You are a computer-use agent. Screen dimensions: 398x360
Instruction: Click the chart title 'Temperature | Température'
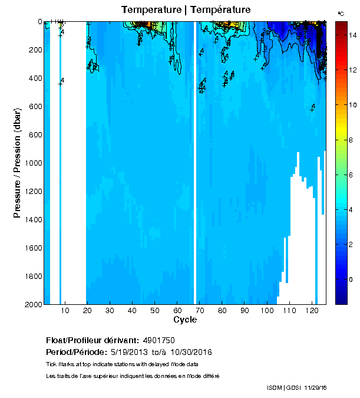click(x=186, y=10)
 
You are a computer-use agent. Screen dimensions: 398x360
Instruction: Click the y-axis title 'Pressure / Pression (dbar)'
click(x=18, y=162)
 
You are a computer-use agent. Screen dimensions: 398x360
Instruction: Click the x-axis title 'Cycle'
click(x=185, y=320)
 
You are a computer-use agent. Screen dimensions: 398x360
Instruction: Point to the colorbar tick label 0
click(x=351, y=280)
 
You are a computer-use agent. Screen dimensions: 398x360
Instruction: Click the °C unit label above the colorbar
click(x=341, y=13)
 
